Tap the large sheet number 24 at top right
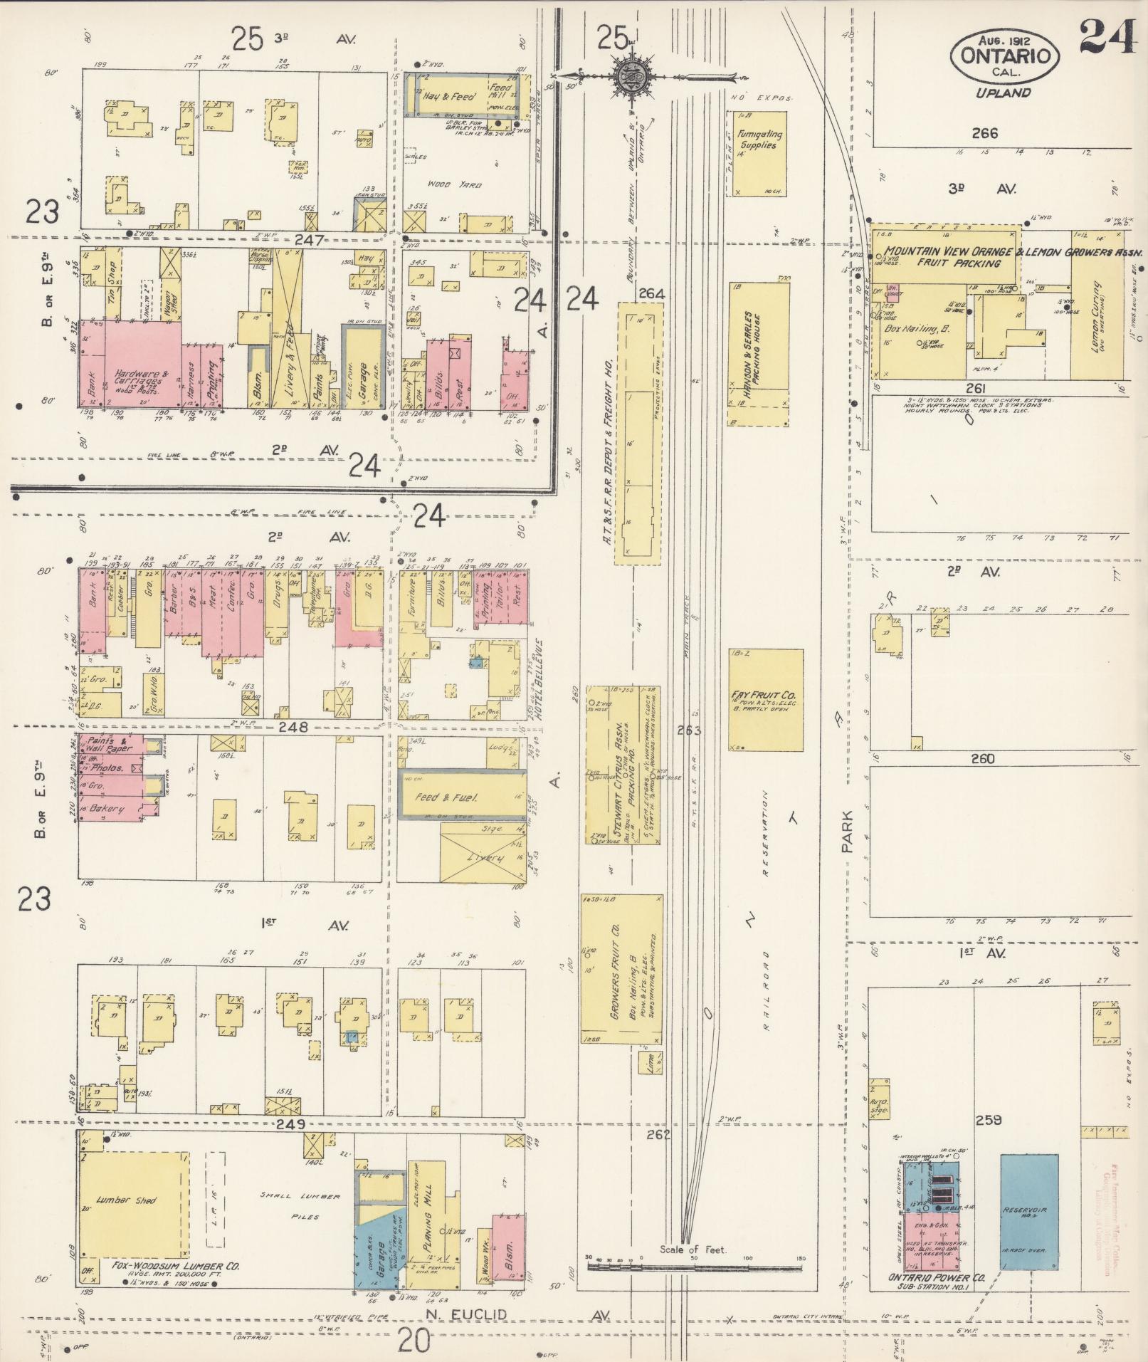(1107, 37)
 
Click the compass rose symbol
(630, 74)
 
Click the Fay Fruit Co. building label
(764, 696)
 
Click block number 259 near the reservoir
(989, 1140)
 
